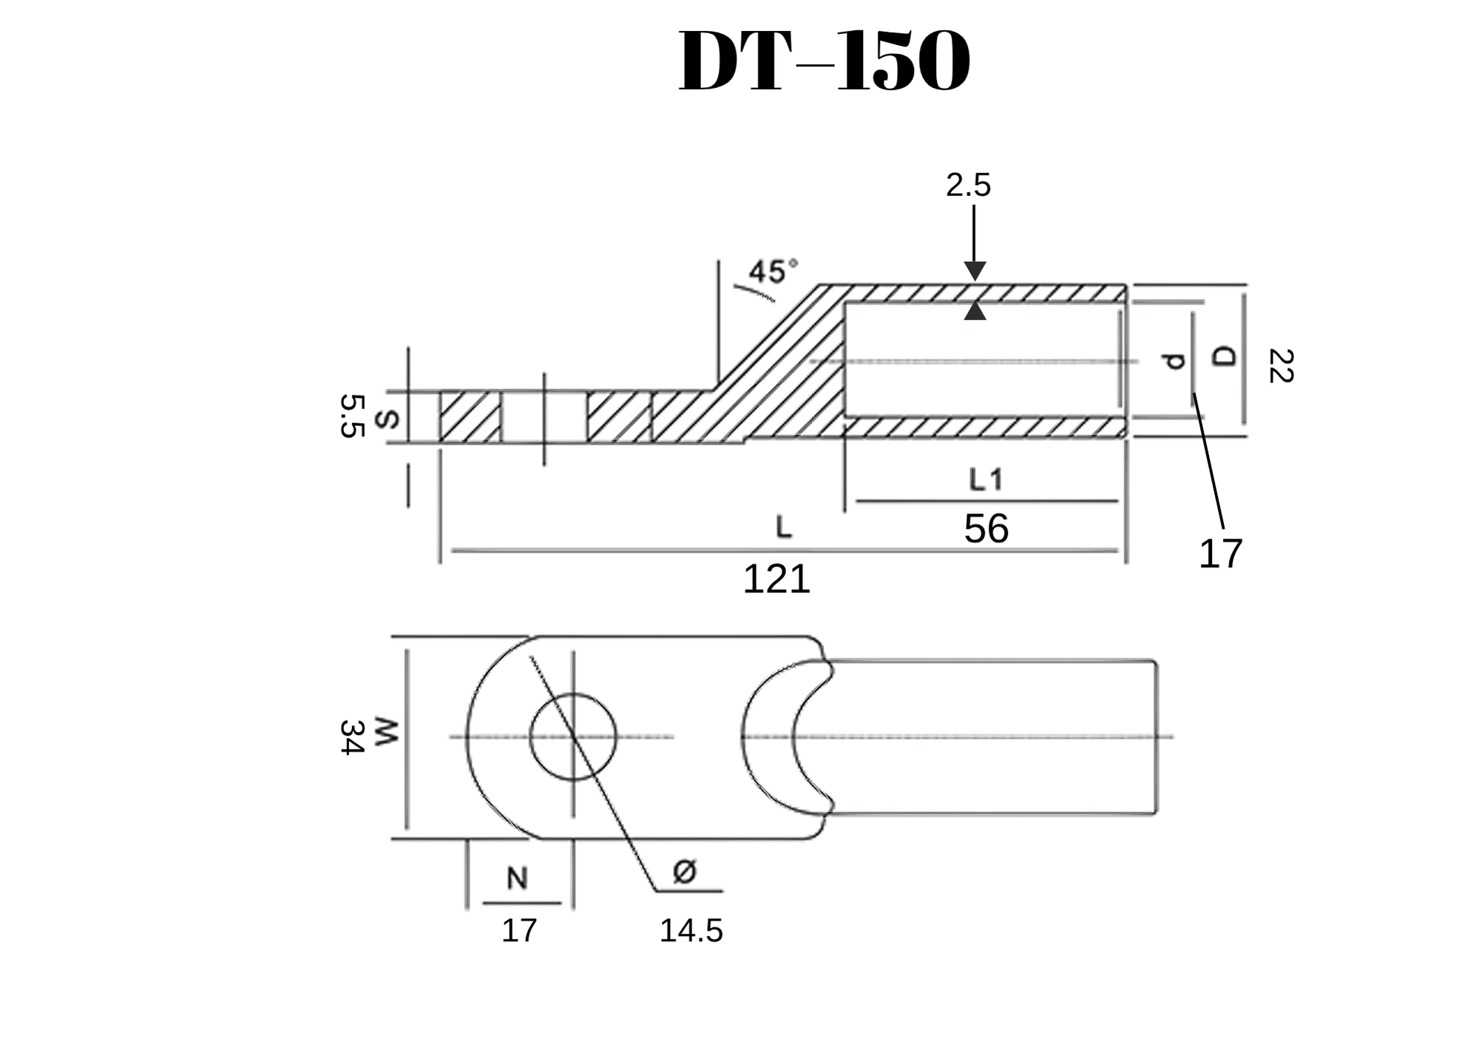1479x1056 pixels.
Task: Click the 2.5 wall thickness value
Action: point(968,186)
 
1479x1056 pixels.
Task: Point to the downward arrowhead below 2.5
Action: point(975,271)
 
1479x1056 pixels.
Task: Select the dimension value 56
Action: point(986,529)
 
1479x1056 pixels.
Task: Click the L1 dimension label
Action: point(986,481)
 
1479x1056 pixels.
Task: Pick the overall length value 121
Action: point(776,579)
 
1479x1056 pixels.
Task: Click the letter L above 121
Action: point(784,527)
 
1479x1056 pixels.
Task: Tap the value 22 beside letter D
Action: point(1280,366)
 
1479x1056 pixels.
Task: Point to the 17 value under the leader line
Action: point(1220,554)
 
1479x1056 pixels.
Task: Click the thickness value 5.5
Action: point(353,416)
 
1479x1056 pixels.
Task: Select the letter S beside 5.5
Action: point(387,419)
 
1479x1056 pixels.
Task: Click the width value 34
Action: point(351,737)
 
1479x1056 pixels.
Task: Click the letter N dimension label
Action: point(517,879)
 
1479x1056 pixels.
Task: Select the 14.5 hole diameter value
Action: point(691,931)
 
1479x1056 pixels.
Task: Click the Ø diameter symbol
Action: point(685,872)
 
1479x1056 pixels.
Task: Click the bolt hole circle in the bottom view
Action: point(573,737)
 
